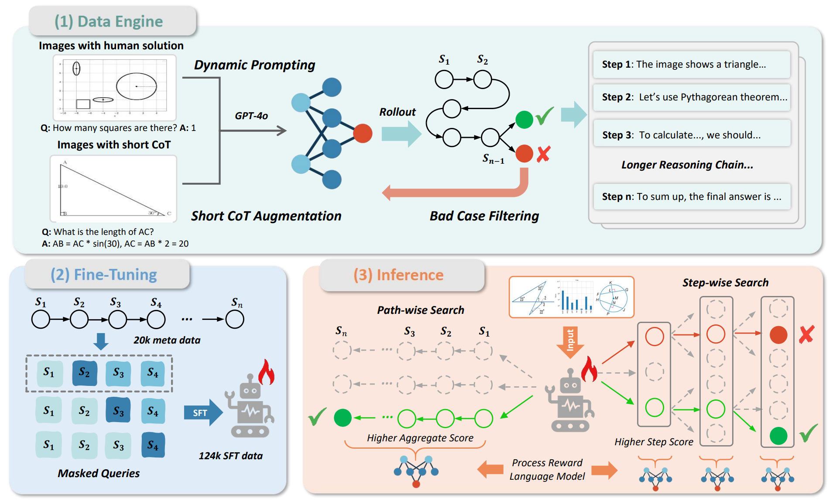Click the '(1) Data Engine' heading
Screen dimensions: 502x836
click(109, 21)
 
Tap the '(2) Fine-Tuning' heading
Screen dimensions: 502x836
click(104, 275)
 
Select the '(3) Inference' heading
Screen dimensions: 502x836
click(398, 275)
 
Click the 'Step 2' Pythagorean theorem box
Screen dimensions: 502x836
click(692, 97)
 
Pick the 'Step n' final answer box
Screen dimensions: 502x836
click(692, 197)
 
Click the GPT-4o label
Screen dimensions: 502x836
click(251, 116)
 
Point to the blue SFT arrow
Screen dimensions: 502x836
click(203, 413)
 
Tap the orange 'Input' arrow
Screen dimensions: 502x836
click(570, 341)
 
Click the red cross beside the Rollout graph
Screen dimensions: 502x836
click(544, 154)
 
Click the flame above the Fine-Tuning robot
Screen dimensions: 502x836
click(266, 372)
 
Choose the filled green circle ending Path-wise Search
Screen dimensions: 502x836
click(343, 418)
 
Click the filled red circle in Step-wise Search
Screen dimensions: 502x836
click(778, 335)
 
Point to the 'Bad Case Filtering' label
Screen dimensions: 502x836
click(484, 216)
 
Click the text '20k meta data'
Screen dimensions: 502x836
click(167, 340)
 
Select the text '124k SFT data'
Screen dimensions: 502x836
click(231, 456)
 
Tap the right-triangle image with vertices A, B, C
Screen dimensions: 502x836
click(113, 189)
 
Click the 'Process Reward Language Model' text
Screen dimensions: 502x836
click(547, 470)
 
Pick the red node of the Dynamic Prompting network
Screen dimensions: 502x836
click(363, 134)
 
